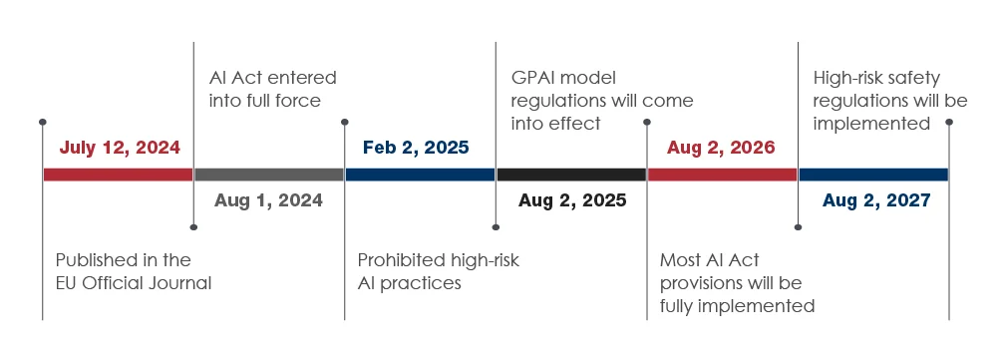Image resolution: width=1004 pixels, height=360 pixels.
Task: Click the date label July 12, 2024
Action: click(x=120, y=148)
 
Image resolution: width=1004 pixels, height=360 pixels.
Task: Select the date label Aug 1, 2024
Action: click(x=268, y=200)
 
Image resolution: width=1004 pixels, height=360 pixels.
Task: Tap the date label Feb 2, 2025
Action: click(x=416, y=148)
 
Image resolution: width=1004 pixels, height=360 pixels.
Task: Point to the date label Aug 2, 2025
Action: click(x=572, y=200)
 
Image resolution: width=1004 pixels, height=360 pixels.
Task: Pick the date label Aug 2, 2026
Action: click(x=721, y=148)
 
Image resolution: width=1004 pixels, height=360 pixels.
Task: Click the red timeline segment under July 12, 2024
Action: click(x=118, y=175)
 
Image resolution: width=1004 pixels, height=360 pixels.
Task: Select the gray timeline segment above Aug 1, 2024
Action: click(x=269, y=175)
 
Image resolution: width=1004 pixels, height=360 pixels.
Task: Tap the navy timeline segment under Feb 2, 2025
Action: click(x=420, y=175)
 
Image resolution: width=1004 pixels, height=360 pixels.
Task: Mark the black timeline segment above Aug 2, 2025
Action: click(x=571, y=175)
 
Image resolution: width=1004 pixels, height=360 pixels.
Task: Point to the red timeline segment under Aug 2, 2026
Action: click(x=722, y=175)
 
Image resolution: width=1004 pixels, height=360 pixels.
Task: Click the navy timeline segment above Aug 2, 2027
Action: click(x=873, y=175)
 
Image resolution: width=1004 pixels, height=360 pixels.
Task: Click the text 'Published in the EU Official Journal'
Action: click(x=133, y=271)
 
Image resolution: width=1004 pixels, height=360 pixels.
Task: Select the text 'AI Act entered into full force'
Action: click(x=272, y=89)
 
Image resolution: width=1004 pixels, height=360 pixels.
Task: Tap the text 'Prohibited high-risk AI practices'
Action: click(x=438, y=271)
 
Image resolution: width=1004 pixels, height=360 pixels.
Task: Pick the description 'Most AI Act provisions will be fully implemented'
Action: click(x=737, y=282)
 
